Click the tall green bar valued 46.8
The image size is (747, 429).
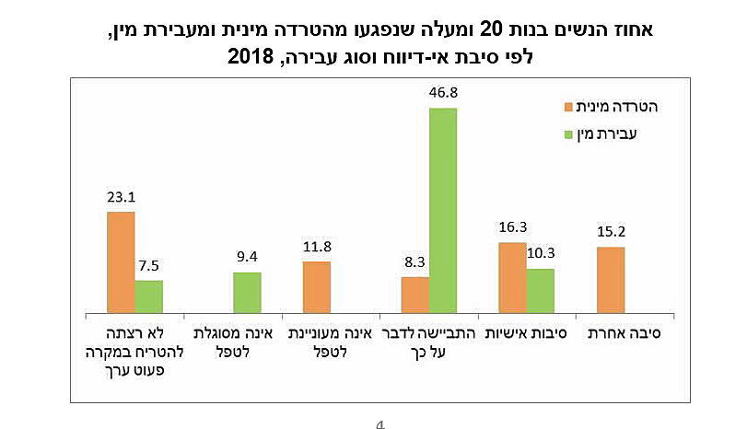[x=442, y=208]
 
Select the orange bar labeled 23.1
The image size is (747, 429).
[x=121, y=261]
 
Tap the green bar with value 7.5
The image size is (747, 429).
[x=149, y=295]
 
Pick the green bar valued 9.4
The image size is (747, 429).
[x=247, y=291]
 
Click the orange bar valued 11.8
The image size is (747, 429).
[x=316, y=285]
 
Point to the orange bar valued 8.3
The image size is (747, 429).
[x=414, y=293]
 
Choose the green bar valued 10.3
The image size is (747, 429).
[x=541, y=289]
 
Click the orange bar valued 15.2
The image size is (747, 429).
[x=611, y=278]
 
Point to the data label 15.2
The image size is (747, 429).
[x=611, y=232]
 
